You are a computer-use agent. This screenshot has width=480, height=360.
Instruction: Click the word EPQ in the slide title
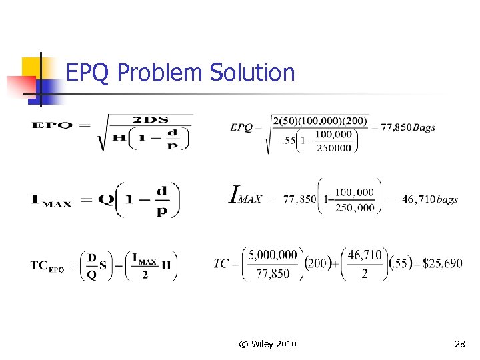89,72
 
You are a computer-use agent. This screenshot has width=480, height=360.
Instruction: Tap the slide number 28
459,344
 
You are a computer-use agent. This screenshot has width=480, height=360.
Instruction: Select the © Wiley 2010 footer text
268,344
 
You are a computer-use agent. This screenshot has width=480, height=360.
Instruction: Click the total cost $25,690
443,263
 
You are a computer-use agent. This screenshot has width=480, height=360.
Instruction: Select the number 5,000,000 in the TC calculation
273,255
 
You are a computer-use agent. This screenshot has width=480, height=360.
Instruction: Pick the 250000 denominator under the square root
333,148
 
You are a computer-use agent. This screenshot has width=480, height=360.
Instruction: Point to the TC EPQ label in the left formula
47,265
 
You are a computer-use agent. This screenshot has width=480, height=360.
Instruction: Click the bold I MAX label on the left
51,199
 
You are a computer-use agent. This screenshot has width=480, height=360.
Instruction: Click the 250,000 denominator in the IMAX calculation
355,208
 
